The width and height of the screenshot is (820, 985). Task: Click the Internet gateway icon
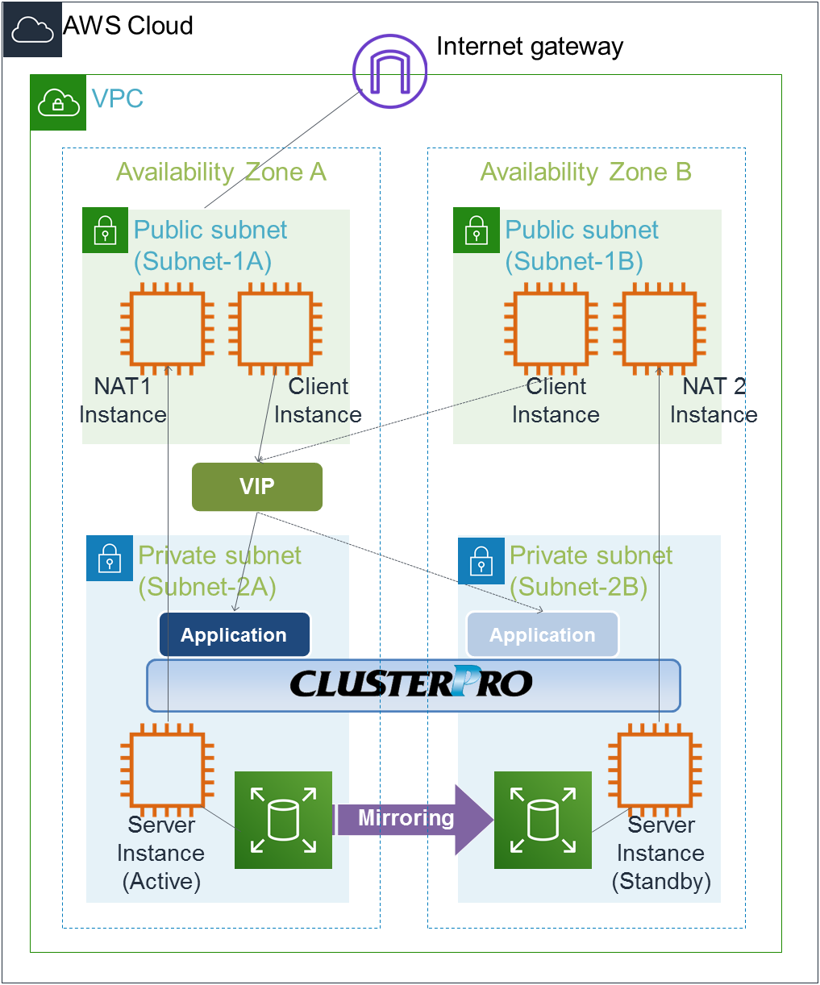coord(389,71)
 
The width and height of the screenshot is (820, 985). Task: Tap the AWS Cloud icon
coord(33,30)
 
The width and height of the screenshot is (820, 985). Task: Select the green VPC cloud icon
coord(58,102)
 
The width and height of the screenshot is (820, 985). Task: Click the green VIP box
coord(257,487)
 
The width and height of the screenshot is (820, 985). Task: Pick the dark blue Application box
coord(235,635)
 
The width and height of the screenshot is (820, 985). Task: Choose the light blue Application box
coord(543,635)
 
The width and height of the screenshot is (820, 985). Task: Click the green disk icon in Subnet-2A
coord(283,820)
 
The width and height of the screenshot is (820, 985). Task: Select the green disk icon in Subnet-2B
coord(543,820)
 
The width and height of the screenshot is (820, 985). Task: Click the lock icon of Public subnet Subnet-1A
coord(105,231)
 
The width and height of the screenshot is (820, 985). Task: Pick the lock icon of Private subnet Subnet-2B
coord(481,560)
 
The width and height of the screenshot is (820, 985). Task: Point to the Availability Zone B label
coord(586,172)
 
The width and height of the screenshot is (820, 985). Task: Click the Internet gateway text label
coord(530,47)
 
